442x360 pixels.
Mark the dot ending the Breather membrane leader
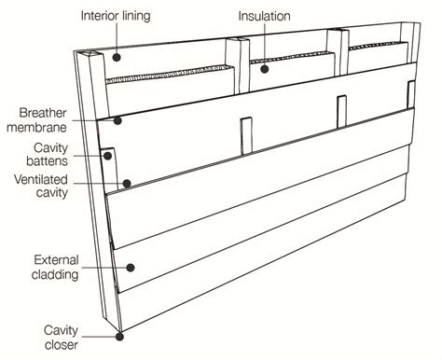[x=118, y=119]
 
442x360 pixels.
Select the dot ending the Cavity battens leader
[x=109, y=156]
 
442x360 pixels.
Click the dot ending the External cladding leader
[x=131, y=266]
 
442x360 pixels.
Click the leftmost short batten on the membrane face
[x=245, y=135]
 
